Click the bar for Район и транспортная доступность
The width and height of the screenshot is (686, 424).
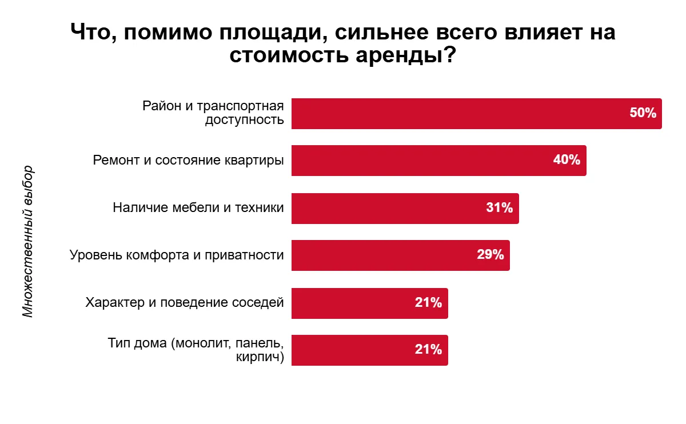click(x=457, y=114)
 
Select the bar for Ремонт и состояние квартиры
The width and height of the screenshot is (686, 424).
click(x=423, y=161)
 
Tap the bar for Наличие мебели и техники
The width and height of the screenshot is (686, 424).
click(x=389, y=208)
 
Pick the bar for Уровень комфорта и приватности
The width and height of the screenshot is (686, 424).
click(x=383, y=255)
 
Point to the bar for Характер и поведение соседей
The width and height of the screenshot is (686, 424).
click(x=354, y=303)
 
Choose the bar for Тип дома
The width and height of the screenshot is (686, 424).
click(x=354, y=350)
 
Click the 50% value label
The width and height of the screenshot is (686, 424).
click(x=643, y=113)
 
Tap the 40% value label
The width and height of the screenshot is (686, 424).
click(x=567, y=161)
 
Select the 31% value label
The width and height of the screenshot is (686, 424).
click(x=499, y=208)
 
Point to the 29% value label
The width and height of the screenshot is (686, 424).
click(x=490, y=255)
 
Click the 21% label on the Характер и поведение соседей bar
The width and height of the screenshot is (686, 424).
click(x=428, y=303)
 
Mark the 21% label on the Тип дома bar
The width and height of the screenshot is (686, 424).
click(x=428, y=350)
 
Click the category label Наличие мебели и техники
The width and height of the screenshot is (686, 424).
click(x=198, y=208)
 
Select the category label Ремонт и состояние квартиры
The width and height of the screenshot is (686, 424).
click(x=188, y=161)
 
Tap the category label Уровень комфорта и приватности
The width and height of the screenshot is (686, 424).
click(x=177, y=255)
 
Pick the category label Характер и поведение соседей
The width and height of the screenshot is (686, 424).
click(x=184, y=303)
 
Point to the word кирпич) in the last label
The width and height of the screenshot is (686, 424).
click(x=260, y=358)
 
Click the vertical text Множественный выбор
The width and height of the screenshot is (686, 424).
click(x=28, y=242)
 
